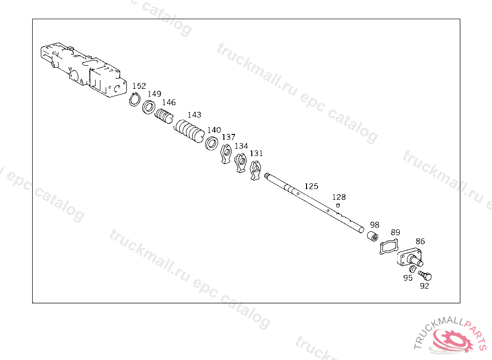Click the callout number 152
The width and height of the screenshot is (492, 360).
(139, 86)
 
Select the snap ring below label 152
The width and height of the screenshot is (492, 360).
(135, 100)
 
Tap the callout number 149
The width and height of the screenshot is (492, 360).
(154, 94)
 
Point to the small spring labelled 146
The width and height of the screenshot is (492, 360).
(164, 116)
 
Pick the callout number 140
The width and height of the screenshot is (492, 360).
(214, 130)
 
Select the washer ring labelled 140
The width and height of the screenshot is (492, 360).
(210, 143)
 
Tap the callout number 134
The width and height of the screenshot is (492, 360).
(241, 146)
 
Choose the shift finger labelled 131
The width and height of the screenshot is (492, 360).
(256, 170)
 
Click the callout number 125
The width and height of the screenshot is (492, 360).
(311, 186)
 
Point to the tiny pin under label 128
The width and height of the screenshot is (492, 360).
(338, 205)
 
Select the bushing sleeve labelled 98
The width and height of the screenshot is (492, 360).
(372, 237)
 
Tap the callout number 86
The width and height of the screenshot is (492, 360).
(420, 241)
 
